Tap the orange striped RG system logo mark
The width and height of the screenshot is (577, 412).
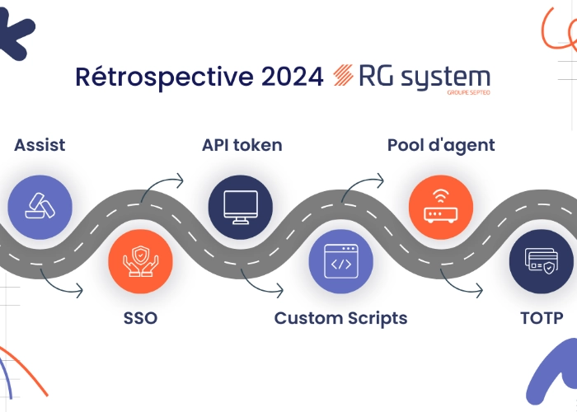click(343, 77)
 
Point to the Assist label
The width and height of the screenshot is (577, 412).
click(40, 146)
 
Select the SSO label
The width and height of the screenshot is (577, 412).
click(139, 317)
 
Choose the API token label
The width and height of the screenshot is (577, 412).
click(242, 146)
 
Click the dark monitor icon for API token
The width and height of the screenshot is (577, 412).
click(241, 204)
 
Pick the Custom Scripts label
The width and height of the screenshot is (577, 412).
click(340, 317)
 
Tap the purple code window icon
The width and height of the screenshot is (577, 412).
click(340, 263)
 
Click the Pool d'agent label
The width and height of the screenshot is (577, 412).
click(441, 146)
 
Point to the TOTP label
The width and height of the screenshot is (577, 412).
click(542, 317)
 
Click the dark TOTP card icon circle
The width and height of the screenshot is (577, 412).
click(541, 262)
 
